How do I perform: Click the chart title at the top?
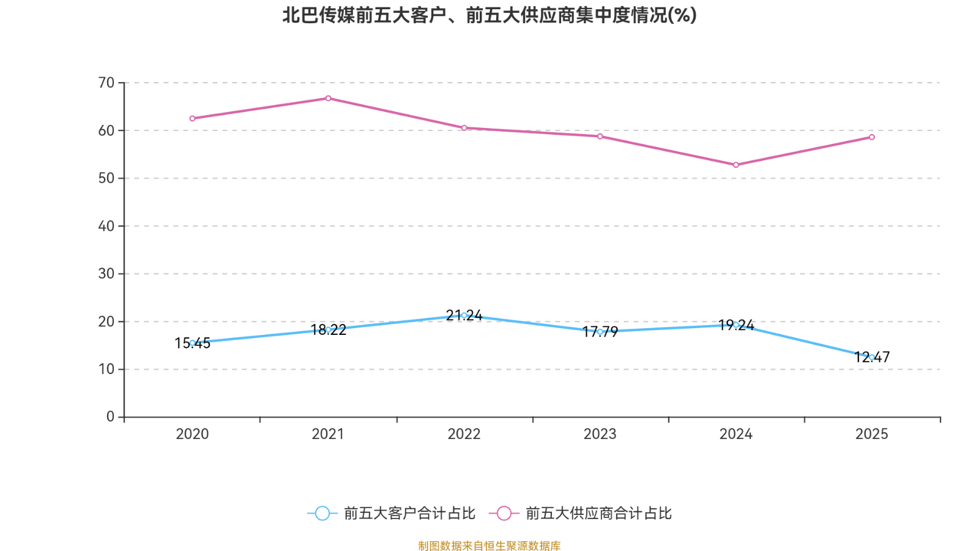click(489, 15)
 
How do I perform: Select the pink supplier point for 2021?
click(328, 99)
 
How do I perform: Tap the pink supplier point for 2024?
click(735, 165)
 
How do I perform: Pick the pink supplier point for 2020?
click(192, 118)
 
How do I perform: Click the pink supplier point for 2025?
click(871, 137)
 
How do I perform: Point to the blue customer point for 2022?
click(464, 315)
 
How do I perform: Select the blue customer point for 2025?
click(871, 357)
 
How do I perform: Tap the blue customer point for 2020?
click(192, 343)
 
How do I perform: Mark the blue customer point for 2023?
click(600, 331)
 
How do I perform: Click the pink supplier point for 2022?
click(464, 128)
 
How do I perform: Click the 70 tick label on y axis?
click(106, 83)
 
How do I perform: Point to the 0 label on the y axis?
click(110, 417)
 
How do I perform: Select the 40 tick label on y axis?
click(106, 226)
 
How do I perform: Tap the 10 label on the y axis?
click(106, 369)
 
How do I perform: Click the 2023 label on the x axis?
click(600, 434)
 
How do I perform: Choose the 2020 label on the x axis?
click(192, 434)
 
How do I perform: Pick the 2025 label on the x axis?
click(871, 434)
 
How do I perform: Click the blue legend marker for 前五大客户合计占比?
click(322, 513)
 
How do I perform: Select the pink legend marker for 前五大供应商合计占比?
click(504, 513)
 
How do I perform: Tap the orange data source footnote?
click(489, 545)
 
